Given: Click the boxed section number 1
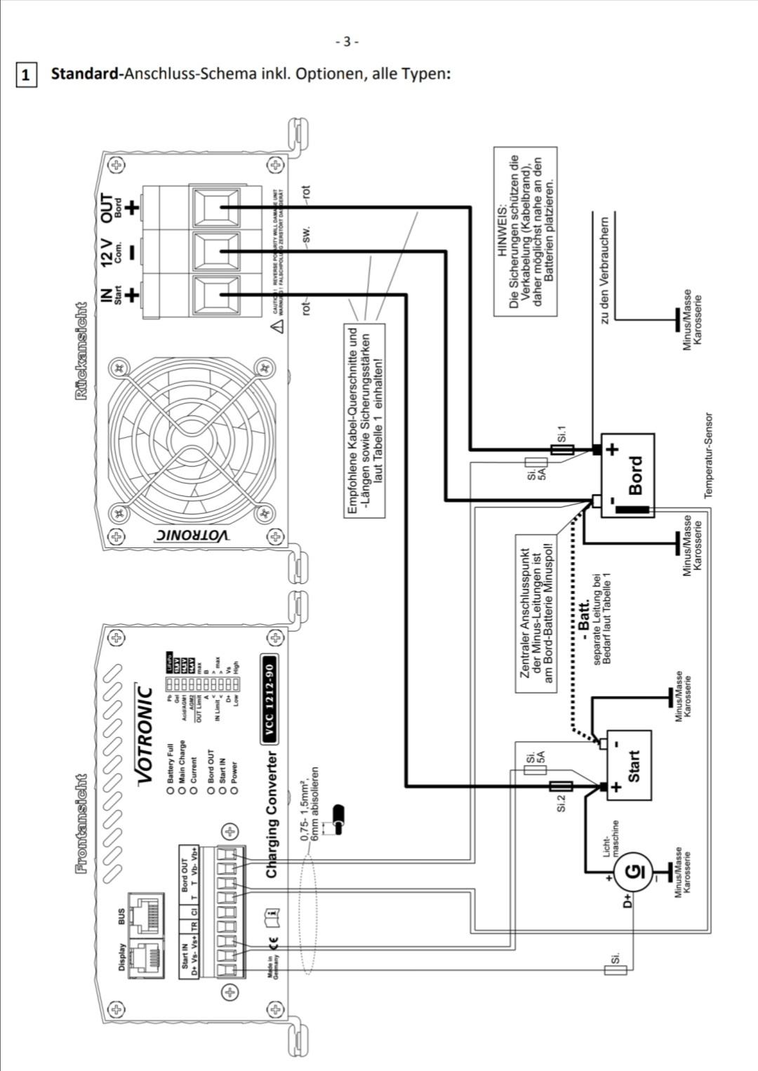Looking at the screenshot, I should [x=26, y=74].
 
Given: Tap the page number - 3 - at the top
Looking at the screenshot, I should [x=347, y=41].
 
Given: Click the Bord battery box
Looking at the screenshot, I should [x=627, y=475].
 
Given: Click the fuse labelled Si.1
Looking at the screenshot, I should [x=561, y=450].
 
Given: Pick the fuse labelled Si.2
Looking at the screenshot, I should [x=561, y=786].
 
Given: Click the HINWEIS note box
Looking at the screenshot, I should [x=525, y=232].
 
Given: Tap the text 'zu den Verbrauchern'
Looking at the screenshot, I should [x=604, y=270].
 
